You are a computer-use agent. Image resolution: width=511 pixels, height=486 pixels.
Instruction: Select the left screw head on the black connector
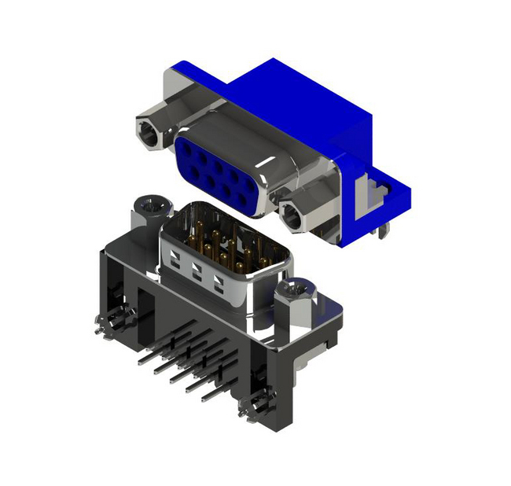coord(151,208)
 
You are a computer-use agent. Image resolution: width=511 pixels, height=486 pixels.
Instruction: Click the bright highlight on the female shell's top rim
coord(236,126)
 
